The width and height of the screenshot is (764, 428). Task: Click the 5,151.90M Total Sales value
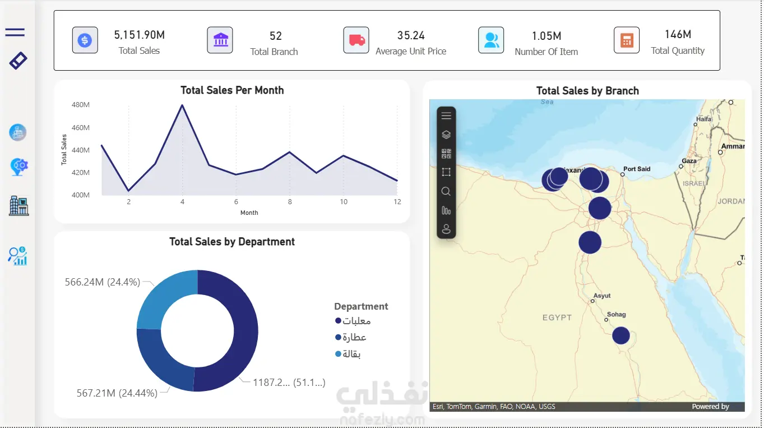139,35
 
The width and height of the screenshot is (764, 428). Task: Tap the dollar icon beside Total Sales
85,40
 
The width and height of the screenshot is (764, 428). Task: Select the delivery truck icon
356,40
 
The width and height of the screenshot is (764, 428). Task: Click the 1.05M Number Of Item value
546,36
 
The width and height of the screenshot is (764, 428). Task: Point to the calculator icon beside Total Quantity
626,40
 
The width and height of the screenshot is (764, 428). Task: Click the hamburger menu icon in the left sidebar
15,33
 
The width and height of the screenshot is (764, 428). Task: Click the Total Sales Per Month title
232,90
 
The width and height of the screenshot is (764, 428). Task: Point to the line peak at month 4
182,105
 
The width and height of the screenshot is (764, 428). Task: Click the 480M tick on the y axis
81,105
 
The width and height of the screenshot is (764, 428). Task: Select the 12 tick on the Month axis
397,202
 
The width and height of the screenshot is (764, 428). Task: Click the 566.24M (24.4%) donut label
103,282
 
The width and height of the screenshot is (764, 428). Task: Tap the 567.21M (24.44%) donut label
117,393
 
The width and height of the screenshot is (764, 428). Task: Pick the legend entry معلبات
353,321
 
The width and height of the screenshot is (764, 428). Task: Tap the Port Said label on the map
637,169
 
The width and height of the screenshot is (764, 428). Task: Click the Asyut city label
602,296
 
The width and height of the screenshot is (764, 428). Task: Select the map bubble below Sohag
621,335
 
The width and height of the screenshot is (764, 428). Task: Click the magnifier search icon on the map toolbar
446,191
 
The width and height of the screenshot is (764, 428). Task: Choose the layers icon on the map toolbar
446,135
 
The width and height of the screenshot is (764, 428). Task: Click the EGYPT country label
557,317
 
